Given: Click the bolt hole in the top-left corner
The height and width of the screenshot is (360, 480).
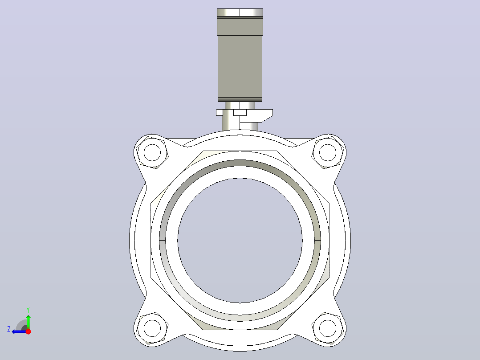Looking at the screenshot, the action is coord(152,152).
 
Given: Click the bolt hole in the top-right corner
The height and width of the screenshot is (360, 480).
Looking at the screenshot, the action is coord(328,152).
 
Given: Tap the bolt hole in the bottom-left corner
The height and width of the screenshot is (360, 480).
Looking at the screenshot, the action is coord(152,328).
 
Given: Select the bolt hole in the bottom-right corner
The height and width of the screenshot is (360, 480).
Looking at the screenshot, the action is coord(328,328).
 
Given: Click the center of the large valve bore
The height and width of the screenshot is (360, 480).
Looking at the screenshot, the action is coord(240,240).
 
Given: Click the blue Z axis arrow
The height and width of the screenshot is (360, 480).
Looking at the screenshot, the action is coord(19,331).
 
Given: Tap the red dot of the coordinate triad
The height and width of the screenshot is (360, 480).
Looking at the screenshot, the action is coord(28,331).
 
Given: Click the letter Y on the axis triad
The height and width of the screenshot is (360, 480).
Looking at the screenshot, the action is coord(28,310).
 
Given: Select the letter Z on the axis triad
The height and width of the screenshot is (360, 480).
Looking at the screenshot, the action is coord(9,329).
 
